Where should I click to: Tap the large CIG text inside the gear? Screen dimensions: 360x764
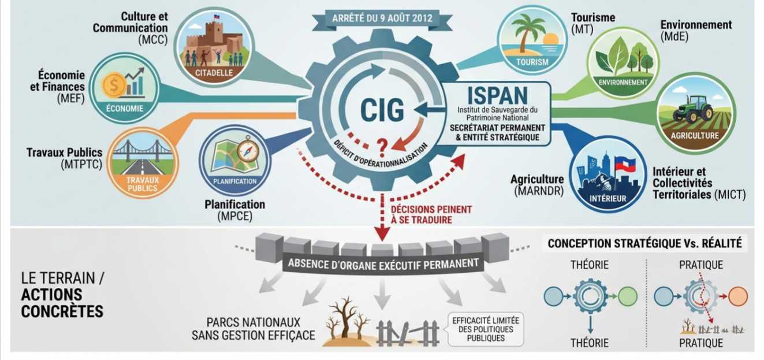pos(382,110)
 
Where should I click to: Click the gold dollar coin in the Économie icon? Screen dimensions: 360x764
pos(114,86)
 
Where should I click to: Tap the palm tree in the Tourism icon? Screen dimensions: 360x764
pos(526,35)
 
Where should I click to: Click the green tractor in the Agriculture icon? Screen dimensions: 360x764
pos(691,108)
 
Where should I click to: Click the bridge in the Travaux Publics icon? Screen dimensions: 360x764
pos(143,151)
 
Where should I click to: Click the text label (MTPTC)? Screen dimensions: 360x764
pos(81,165)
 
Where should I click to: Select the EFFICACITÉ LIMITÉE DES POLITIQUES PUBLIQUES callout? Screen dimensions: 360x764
pos(485,329)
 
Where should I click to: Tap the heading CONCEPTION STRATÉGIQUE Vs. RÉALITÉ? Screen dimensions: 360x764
pos(644,244)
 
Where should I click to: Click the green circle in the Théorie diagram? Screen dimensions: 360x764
pos(627,296)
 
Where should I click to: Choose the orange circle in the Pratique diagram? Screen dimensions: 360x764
pos(737,296)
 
